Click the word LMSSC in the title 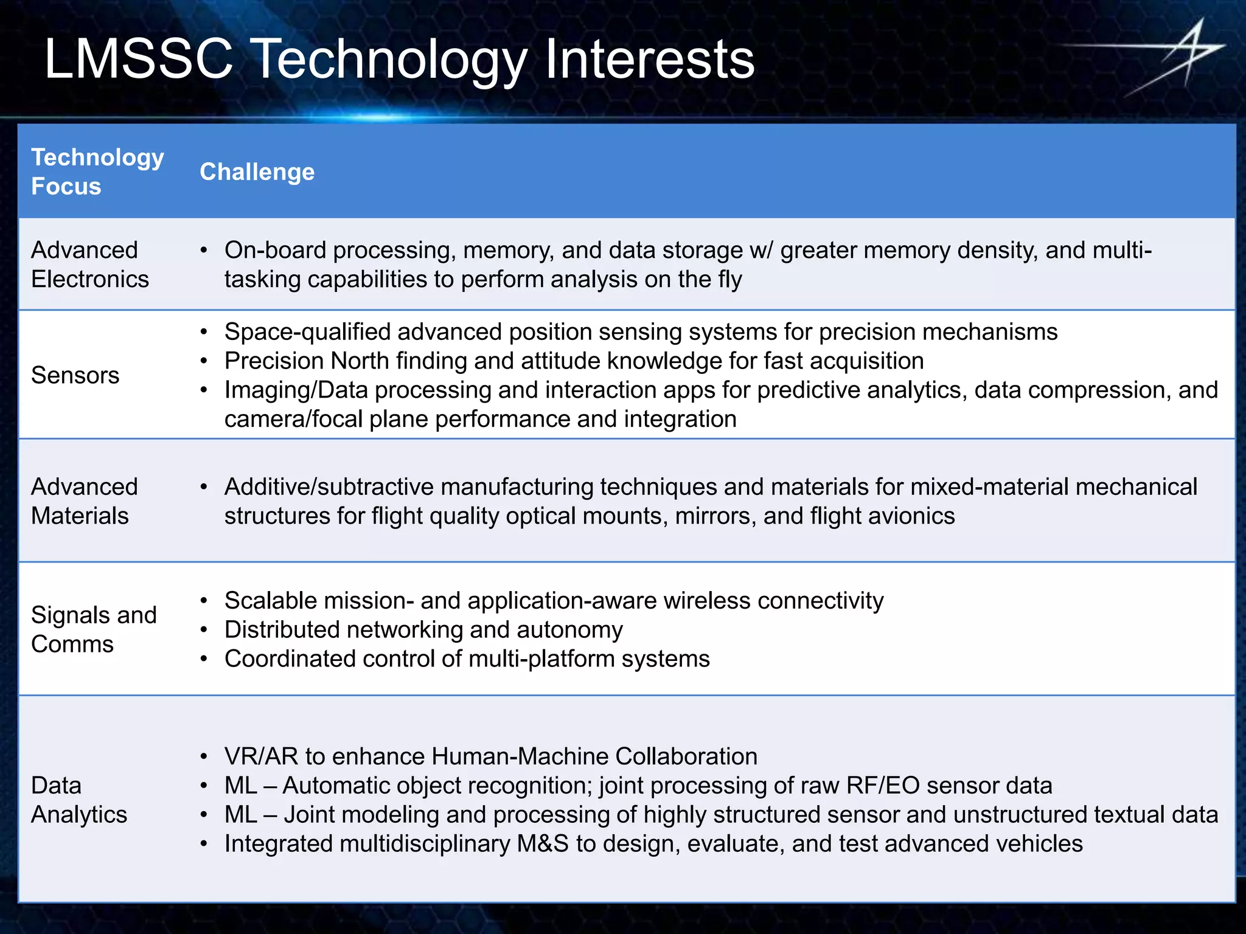tap(139, 59)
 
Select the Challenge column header tap(257, 172)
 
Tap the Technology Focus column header tap(97, 171)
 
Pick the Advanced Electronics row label tap(89, 265)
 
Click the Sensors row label tap(75, 375)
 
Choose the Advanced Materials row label tap(84, 501)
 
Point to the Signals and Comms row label tap(94, 629)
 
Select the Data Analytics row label tap(78, 800)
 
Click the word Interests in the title tap(649, 59)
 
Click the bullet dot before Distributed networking tap(204, 631)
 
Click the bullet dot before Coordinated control tap(204, 660)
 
